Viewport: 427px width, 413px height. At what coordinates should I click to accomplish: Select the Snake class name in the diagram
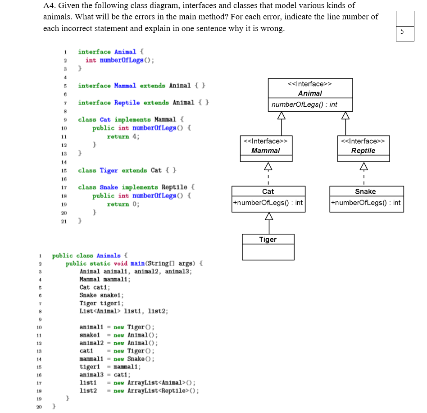point(365,191)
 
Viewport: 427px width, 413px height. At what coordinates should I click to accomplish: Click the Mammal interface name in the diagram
point(265,151)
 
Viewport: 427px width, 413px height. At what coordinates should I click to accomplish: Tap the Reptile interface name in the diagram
point(363,151)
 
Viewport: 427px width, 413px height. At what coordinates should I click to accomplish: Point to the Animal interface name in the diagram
point(310,93)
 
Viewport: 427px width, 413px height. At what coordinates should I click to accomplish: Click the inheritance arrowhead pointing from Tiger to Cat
point(268,217)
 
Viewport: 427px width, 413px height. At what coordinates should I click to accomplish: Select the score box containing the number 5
point(402,31)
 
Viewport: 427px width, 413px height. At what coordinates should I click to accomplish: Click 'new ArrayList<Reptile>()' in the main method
point(156,391)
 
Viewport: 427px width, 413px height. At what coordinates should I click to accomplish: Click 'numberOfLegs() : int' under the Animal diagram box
point(304,104)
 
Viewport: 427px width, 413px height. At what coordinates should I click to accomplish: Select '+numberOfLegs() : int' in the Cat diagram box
point(268,203)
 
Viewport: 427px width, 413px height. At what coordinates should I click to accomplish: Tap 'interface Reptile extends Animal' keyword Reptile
point(127,103)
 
